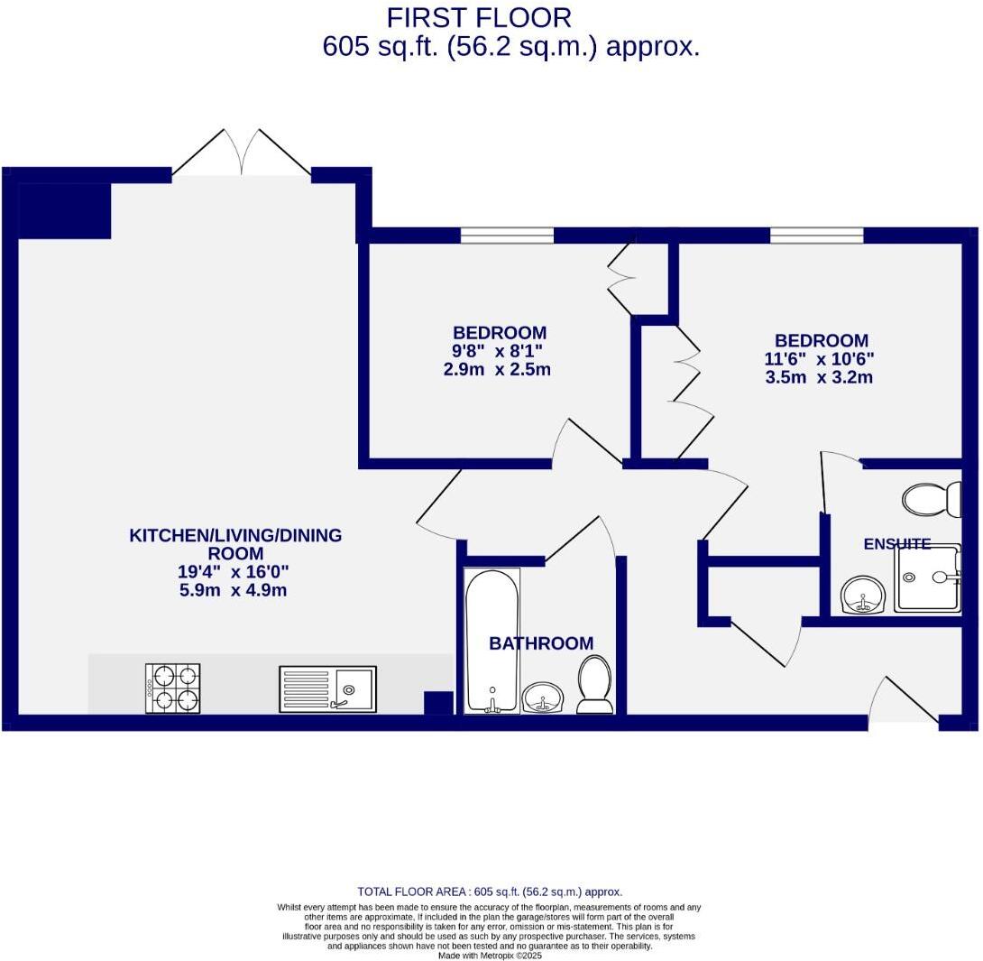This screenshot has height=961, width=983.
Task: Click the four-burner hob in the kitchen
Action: point(173,688)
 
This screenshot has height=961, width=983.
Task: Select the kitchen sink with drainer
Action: point(327,689)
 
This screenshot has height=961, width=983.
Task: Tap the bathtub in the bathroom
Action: point(491,640)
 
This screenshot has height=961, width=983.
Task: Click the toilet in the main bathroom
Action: point(594,685)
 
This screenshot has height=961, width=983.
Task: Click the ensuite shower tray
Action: point(927,578)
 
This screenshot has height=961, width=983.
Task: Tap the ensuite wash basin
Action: point(864,595)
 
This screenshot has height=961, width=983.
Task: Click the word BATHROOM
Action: point(541,643)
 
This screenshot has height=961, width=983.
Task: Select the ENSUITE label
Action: point(896,544)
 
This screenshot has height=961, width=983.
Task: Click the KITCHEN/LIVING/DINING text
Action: point(235,535)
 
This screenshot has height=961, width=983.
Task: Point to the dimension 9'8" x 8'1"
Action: point(498,350)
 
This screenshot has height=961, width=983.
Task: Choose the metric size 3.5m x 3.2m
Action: point(819,377)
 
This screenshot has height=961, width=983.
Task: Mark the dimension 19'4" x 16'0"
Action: point(234,571)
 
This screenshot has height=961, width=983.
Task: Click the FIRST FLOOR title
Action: point(479,18)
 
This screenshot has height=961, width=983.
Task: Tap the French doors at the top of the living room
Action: point(241,153)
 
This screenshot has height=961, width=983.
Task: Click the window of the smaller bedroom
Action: point(507,236)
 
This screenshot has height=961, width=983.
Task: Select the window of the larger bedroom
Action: point(816,236)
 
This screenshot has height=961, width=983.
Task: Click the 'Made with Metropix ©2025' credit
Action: point(490,956)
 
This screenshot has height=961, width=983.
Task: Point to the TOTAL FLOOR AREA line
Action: point(490,892)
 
